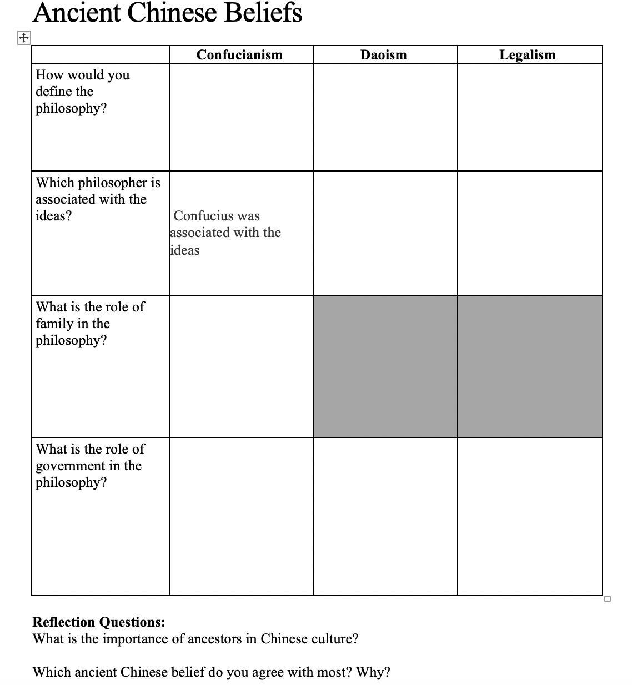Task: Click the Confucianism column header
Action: (239, 54)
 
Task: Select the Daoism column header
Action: (383, 54)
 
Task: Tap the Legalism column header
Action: (527, 54)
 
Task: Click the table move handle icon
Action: (24, 38)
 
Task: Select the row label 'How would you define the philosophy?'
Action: (82, 92)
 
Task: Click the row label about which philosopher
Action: (98, 199)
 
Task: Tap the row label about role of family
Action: (90, 323)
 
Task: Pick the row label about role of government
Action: (90, 465)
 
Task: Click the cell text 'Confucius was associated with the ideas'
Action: (225, 233)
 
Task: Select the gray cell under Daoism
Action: (385, 366)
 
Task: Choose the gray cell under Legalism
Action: (529, 366)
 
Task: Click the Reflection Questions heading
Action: (99, 622)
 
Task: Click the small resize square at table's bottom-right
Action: (607, 598)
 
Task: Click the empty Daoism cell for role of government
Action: (385, 516)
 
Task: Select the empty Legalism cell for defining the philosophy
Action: (529, 117)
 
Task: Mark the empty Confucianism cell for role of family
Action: (241, 366)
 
